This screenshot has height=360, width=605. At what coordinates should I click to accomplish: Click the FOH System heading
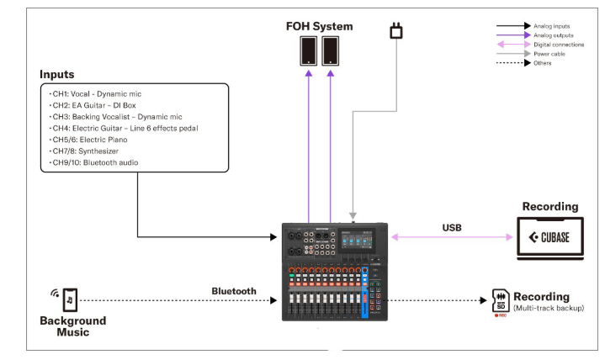click(x=319, y=26)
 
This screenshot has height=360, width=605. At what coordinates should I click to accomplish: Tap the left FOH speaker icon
click(x=309, y=51)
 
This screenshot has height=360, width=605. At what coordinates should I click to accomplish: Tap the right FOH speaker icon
click(x=331, y=51)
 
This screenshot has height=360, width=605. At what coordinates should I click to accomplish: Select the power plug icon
click(x=396, y=30)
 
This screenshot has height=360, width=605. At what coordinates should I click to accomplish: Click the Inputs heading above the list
click(x=56, y=75)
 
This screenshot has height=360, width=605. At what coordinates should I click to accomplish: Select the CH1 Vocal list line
click(x=95, y=94)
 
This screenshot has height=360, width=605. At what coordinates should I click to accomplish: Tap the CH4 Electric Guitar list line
click(x=124, y=128)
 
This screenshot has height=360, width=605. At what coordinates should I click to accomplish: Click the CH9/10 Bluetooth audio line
click(x=93, y=162)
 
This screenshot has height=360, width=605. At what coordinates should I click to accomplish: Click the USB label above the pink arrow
click(x=452, y=228)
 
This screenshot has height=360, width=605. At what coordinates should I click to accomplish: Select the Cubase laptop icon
click(x=550, y=238)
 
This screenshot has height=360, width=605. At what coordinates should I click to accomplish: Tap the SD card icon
click(x=501, y=300)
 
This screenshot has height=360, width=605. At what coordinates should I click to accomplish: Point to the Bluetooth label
click(x=234, y=291)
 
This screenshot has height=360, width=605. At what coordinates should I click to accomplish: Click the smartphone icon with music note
click(x=70, y=299)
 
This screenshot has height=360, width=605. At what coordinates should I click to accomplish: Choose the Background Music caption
click(x=73, y=326)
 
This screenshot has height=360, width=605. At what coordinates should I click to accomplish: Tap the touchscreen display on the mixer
click(x=357, y=240)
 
